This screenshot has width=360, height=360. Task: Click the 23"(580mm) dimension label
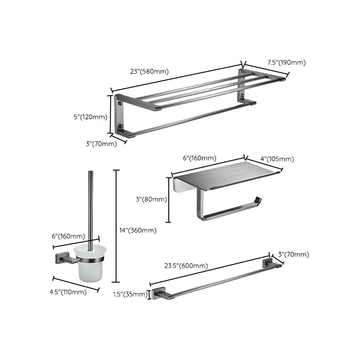click(x=149, y=71)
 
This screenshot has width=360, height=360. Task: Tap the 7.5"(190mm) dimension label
click(x=286, y=63)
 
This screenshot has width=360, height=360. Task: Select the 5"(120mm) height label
click(x=90, y=117)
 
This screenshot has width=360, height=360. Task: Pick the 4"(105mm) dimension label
click(x=277, y=159)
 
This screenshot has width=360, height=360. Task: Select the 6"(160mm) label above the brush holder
click(x=68, y=236)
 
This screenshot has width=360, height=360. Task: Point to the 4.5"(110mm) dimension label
click(x=68, y=292)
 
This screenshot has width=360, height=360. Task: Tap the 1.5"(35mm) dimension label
click(x=130, y=295)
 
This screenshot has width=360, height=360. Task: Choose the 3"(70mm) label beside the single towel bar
click(x=294, y=255)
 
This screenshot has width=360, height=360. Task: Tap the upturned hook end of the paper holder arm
click(x=258, y=201)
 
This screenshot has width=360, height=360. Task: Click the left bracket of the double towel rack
click(x=121, y=115)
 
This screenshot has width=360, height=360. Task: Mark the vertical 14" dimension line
click(x=117, y=225)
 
